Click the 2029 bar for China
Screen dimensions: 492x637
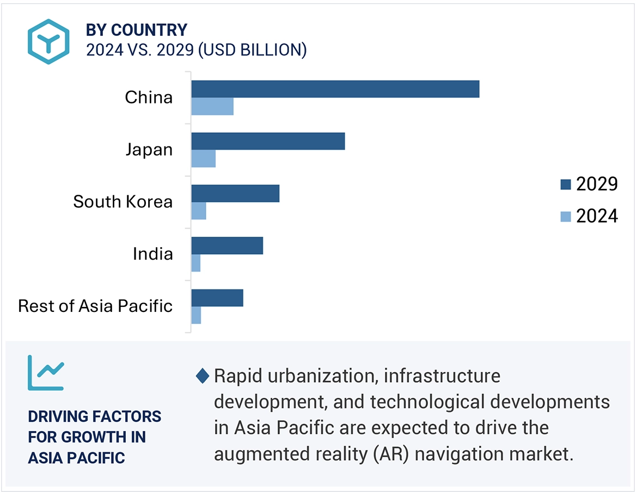335,89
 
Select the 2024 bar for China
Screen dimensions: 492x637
212,107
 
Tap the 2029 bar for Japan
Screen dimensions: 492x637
268,141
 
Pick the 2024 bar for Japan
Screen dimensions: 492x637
203,159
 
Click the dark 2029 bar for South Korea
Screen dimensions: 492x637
235,193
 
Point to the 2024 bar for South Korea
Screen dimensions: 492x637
199,211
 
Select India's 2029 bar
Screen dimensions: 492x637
227,245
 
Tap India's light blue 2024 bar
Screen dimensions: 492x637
196,263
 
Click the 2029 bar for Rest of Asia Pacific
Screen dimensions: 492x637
217,298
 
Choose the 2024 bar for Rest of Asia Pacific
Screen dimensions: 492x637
196,316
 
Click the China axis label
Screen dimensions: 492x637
149,97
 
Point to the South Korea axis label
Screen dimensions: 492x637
123,202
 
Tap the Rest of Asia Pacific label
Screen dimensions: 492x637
95,306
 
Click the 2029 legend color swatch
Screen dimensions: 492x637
566,185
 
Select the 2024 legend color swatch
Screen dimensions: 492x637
566,217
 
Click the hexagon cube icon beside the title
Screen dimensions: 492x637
49,42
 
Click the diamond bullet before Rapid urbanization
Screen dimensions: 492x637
203,376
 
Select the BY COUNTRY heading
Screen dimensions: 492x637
137,29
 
